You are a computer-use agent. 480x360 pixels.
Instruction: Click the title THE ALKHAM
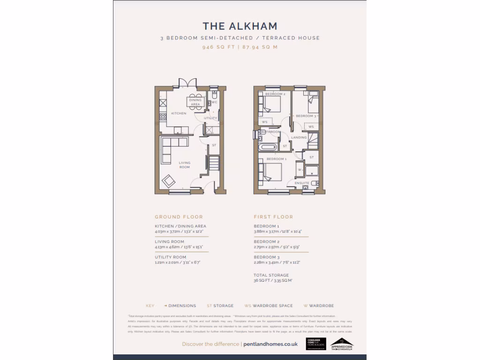[240, 26]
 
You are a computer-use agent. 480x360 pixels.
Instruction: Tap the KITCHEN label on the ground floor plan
[178, 113]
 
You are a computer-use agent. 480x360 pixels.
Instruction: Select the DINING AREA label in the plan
[195, 102]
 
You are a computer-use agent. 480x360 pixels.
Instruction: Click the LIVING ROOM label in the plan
[185, 165]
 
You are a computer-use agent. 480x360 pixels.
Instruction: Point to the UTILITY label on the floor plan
[210, 118]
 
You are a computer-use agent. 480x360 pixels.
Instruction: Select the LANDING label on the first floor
[299, 137]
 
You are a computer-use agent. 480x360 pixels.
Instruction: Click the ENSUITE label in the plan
[302, 182]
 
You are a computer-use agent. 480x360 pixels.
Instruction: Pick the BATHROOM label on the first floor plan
[271, 132]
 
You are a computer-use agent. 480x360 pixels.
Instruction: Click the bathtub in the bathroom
[268, 147]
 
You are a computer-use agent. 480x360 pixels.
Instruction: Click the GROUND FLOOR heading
[179, 217]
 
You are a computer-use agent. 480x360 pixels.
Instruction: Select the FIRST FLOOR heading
[273, 217]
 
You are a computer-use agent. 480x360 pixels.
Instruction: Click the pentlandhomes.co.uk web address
[270, 344]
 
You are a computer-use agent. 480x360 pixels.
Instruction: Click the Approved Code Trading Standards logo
[342, 344]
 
